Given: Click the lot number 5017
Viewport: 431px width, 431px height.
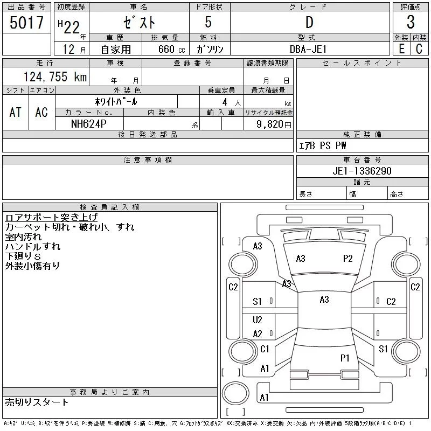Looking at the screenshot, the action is pyautogui.click(x=26, y=22).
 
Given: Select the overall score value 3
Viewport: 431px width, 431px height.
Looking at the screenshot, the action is pyautogui.click(x=411, y=22).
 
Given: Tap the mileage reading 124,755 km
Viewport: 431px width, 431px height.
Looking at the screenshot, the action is pyautogui.click(x=55, y=77).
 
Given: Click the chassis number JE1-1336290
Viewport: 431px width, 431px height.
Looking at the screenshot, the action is pyautogui.click(x=362, y=171).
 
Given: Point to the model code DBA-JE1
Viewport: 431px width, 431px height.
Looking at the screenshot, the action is pyautogui.click(x=308, y=49).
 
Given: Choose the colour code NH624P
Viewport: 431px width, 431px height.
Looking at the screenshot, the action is pyautogui.click(x=88, y=124).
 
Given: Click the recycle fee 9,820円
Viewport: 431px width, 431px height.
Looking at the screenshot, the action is pyautogui.click(x=274, y=124).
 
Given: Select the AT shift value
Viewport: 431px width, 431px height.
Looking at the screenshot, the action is pyautogui.click(x=15, y=112).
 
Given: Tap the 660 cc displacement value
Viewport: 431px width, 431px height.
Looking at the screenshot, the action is pyautogui.click(x=171, y=49).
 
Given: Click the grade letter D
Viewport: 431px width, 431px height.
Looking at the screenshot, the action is pyautogui.click(x=309, y=22).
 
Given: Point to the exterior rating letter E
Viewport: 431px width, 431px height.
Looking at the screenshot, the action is pyautogui.click(x=401, y=49).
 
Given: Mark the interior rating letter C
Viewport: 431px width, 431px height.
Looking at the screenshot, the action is pyautogui.click(x=419, y=49).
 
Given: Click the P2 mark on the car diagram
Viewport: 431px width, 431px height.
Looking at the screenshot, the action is pyautogui.click(x=347, y=259).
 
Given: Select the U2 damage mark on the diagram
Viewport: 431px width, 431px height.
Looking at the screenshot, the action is pyautogui.click(x=258, y=319).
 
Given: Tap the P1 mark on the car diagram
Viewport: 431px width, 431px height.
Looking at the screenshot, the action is pyautogui.click(x=345, y=358).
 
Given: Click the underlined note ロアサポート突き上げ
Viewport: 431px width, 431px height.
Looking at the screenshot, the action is pyautogui.click(x=51, y=217).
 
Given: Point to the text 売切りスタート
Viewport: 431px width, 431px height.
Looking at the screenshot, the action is pyautogui.click(x=37, y=402).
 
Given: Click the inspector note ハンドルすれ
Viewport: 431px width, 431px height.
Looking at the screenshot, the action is pyautogui.click(x=33, y=246).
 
